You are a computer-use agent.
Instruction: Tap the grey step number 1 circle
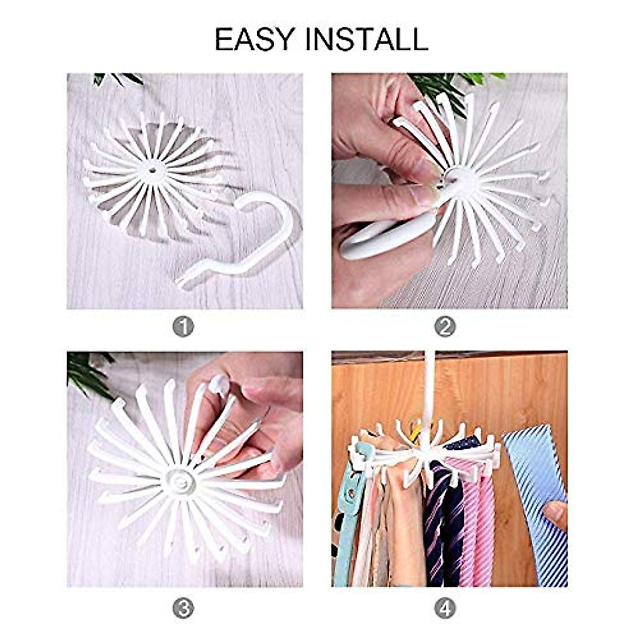coord(183,327)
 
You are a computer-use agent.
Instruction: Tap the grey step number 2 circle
coord(445,327)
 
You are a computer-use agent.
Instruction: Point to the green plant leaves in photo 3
coord(88,373)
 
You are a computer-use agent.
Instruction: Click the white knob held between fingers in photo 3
coord(219,384)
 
